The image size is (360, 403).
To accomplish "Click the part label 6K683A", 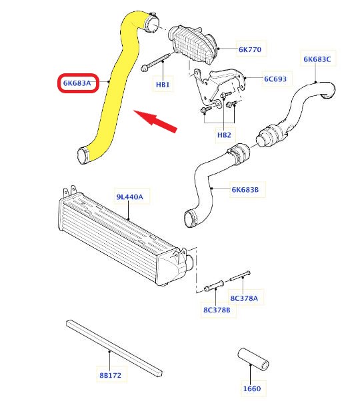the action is [77, 83].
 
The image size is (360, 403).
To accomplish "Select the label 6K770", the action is [250, 49].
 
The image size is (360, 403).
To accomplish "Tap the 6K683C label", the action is [317, 59].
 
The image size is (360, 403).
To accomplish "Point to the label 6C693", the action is [275, 79].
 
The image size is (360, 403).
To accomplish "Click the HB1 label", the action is [163, 85].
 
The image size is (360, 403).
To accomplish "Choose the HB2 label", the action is [224, 135].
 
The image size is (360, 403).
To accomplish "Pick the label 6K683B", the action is [245, 190].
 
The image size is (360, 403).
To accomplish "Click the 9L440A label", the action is [129, 197].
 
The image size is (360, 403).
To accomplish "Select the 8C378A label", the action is [244, 298].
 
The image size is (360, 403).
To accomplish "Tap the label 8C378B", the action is [217, 310].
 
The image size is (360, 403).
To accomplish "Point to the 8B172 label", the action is [110, 375].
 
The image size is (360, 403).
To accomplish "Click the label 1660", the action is [252, 388].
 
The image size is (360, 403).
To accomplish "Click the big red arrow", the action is [155, 121].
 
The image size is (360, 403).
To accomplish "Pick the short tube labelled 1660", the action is [253, 359].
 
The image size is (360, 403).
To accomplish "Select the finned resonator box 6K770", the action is [193, 44].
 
